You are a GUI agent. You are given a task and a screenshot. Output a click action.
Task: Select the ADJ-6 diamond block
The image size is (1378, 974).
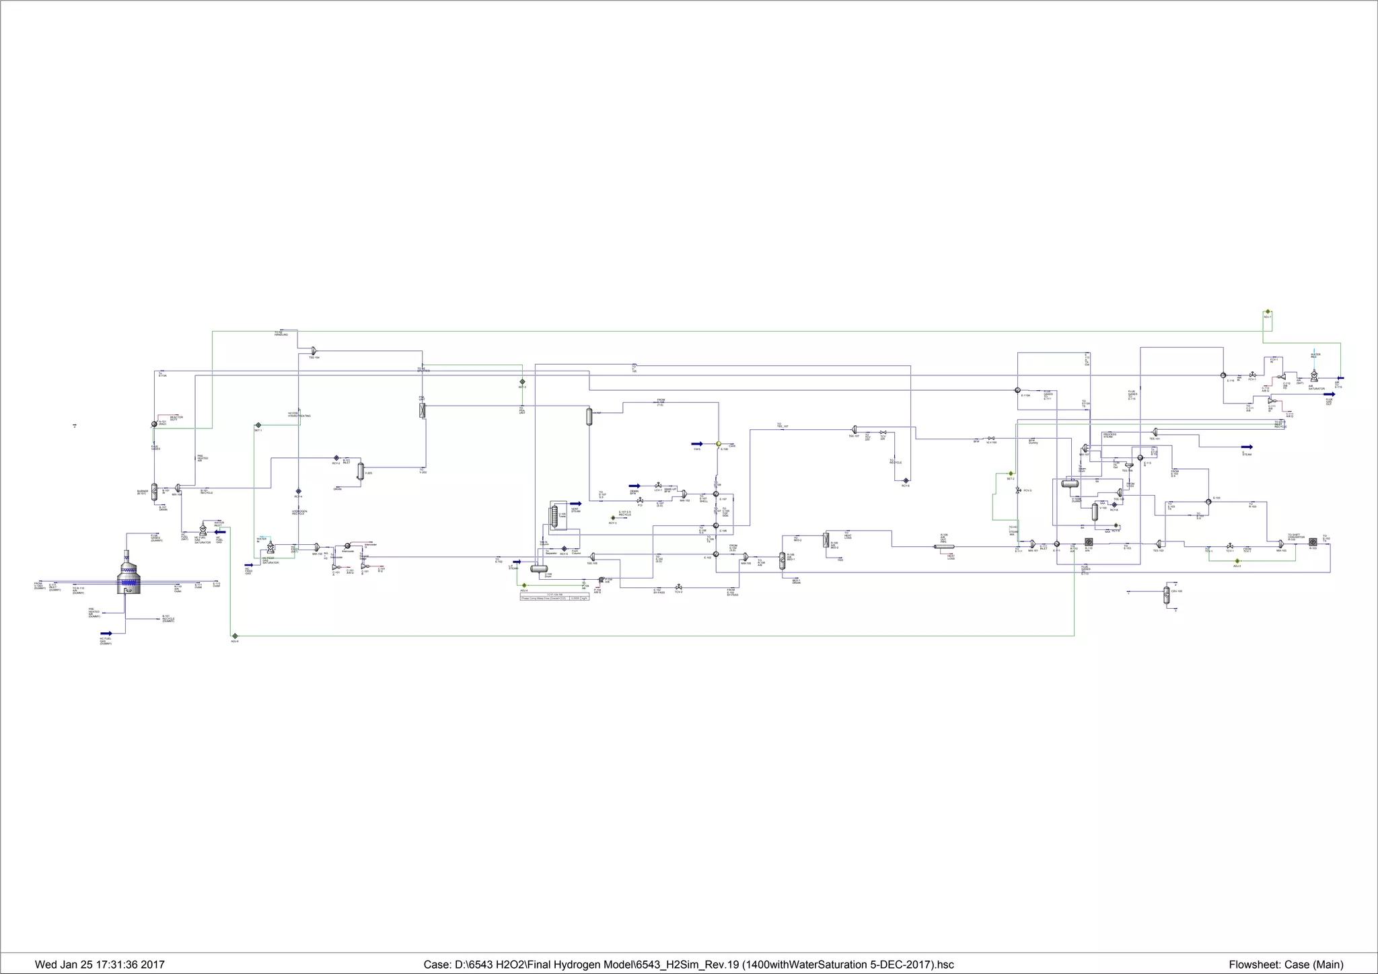234,635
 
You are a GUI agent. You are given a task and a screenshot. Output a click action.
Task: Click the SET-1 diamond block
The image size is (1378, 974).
258,425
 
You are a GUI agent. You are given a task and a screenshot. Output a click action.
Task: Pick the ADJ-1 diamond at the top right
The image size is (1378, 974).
1267,312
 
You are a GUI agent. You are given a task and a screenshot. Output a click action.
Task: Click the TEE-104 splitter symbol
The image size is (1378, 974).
314,350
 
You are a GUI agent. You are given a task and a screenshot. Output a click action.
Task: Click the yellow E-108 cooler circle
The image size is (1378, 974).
718,444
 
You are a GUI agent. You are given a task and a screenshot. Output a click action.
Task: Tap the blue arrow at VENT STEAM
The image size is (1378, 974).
575,503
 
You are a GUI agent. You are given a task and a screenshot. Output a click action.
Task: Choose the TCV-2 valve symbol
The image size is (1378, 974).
678,587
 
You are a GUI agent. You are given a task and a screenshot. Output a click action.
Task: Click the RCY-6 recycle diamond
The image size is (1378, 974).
906,480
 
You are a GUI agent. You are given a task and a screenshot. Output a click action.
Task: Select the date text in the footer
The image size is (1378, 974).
100,965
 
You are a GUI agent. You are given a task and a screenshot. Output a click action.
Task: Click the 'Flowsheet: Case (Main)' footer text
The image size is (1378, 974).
1286,965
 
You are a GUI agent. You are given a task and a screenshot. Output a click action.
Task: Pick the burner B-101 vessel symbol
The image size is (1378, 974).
154,491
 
